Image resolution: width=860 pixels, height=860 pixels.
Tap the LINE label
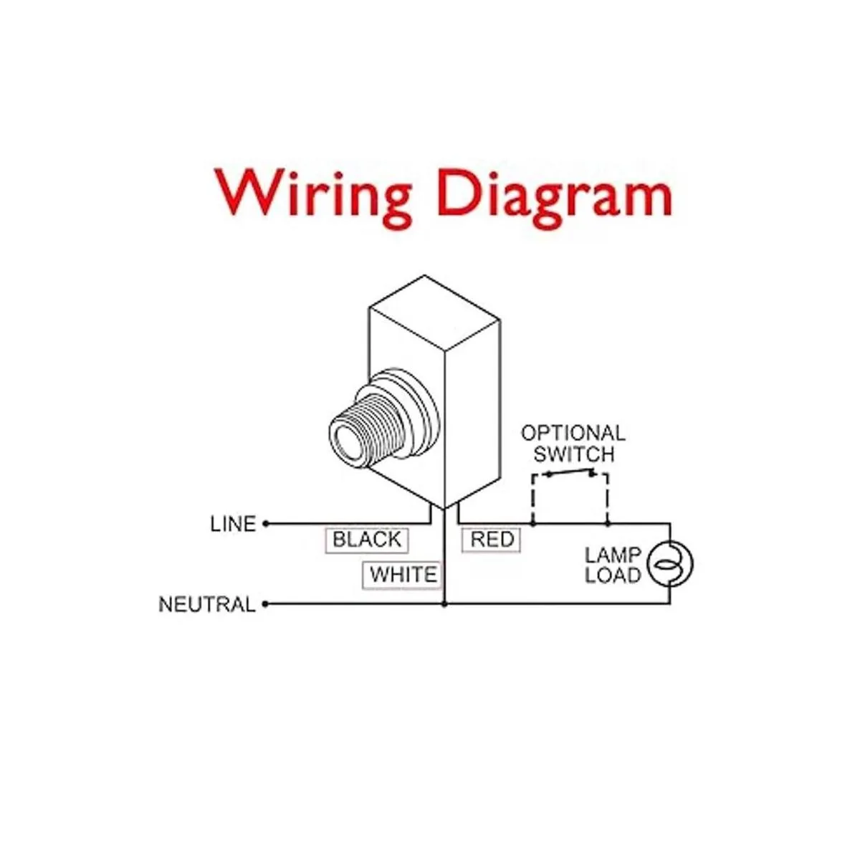(233, 524)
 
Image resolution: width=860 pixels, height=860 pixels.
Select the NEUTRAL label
(206, 604)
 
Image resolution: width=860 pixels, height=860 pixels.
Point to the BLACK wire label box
(367, 540)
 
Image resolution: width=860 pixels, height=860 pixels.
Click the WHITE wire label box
(403, 575)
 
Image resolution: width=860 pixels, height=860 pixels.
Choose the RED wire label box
(492, 540)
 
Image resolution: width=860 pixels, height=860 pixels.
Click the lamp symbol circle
(670, 564)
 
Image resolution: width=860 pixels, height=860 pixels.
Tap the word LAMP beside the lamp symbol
(612, 555)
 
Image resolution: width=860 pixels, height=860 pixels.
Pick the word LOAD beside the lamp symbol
(612, 575)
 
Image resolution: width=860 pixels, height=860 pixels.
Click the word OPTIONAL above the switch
(573, 434)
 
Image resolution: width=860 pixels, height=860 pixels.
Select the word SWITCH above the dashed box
(573, 454)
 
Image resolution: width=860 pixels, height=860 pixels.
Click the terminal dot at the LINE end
(266, 524)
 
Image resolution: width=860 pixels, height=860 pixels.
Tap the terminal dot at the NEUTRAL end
(265, 604)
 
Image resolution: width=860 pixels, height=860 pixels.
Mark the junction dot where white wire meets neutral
(444, 604)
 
